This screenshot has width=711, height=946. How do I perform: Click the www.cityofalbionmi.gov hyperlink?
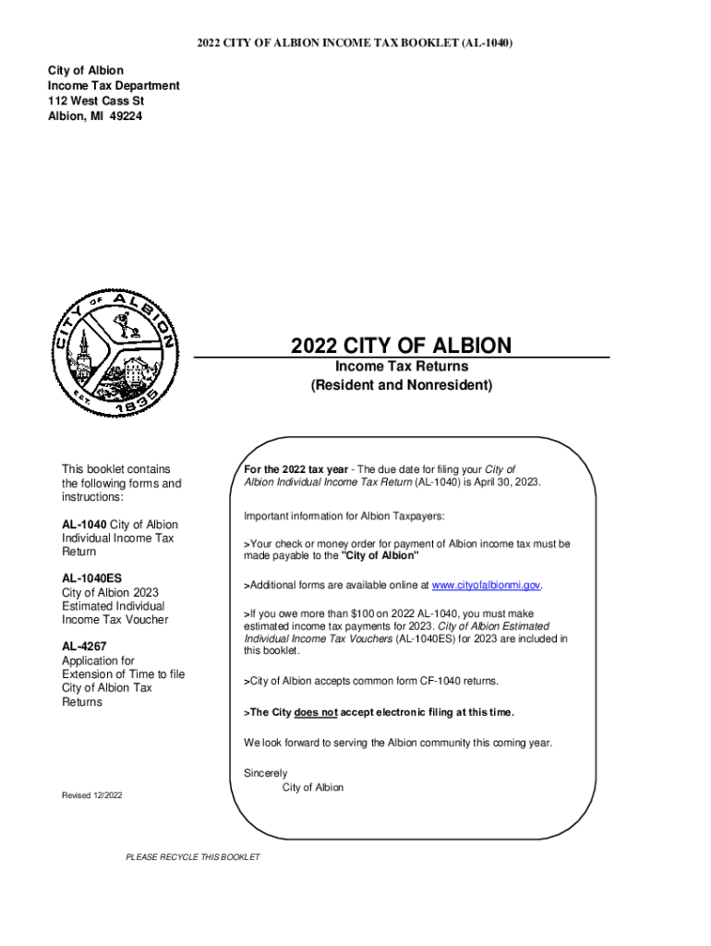click(486, 586)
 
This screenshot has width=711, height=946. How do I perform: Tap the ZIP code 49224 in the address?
click(124, 115)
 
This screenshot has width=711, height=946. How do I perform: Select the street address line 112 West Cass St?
click(96, 101)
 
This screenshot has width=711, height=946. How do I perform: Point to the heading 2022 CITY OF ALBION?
click(401, 346)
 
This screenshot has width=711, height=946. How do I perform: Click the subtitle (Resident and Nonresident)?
click(401, 384)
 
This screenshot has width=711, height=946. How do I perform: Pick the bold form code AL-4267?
click(87, 647)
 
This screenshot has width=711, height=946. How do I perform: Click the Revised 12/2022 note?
click(91, 795)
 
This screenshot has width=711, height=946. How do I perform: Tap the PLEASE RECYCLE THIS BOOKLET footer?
click(193, 857)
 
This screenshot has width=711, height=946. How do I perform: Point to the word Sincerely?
click(266, 773)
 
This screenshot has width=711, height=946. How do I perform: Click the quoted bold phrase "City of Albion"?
click(380, 557)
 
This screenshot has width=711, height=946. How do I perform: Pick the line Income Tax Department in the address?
click(114, 86)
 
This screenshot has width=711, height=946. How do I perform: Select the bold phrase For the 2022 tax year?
click(302, 469)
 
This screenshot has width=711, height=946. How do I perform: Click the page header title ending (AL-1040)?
click(355, 43)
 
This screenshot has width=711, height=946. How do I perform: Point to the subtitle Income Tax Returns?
click(401, 367)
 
